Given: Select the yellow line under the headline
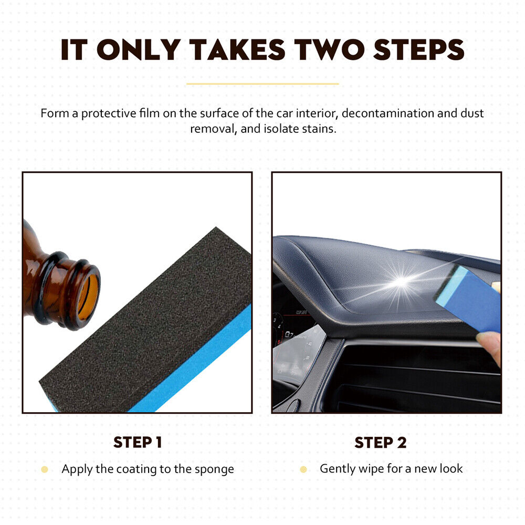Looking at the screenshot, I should pyautogui.click(x=262, y=83).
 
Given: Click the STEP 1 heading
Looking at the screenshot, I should pyautogui.click(x=138, y=443).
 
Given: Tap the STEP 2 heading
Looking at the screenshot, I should pyautogui.click(x=381, y=443).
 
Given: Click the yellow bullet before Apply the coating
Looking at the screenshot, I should pyautogui.click(x=45, y=469).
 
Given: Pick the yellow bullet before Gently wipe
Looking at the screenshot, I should pyautogui.click(x=303, y=469).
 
